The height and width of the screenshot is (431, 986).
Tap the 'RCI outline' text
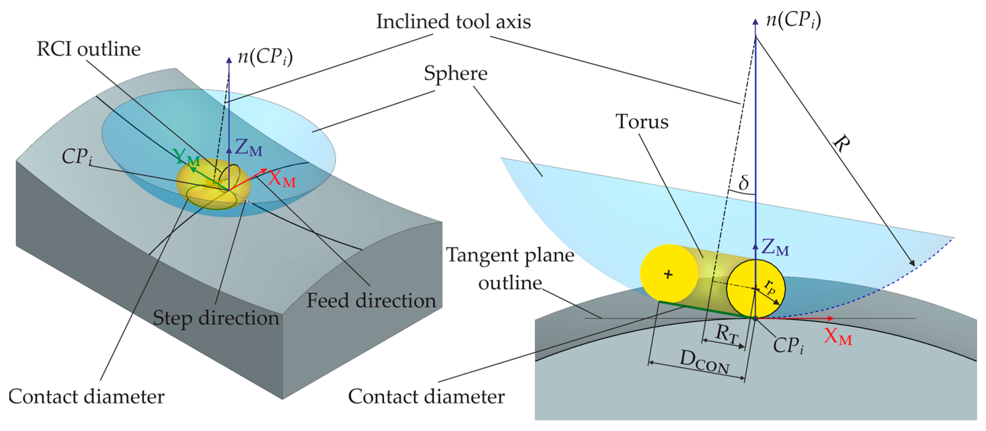pyautogui.click(x=89, y=49)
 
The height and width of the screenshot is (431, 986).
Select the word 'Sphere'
pyautogui.click(x=455, y=73)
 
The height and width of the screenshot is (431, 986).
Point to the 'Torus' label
pyautogui.click(x=642, y=122)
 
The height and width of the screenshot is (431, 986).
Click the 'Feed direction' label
pyautogui.click(x=371, y=301)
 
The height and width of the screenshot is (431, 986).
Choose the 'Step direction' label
pyautogui.click(x=216, y=318)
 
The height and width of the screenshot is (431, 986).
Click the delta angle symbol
pyautogui.click(x=743, y=182)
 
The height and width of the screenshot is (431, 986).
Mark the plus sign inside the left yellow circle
pyautogui.click(x=668, y=274)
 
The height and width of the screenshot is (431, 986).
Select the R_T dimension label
pyautogui.click(x=726, y=333)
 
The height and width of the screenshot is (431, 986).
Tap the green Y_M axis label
pyautogui.click(x=186, y=157)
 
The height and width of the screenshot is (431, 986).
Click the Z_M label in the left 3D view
pyautogui.click(x=249, y=147)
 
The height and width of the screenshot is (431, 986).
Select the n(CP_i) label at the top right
pyautogui.click(x=793, y=20)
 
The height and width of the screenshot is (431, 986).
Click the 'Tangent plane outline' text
pyautogui.click(x=511, y=269)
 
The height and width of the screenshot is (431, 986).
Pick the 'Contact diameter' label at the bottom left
pyautogui.click(x=86, y=397)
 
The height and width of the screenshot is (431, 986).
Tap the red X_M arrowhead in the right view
pyautogui.click(x=830, y=318)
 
